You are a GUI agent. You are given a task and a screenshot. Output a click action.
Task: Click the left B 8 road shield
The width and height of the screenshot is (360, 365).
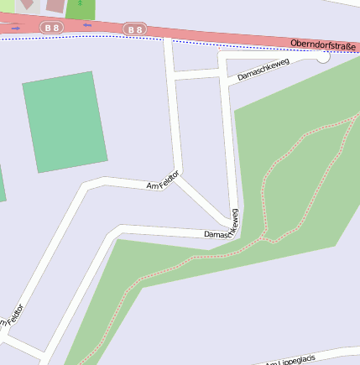[x=52, y=28]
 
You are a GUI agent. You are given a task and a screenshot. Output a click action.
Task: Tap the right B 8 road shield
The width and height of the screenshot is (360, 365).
[x=134, y=30]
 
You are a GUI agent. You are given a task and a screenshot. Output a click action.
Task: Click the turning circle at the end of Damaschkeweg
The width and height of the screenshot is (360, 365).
[x=322, y=57]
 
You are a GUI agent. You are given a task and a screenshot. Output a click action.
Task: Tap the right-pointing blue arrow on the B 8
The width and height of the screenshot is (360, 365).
[x=16, y=28]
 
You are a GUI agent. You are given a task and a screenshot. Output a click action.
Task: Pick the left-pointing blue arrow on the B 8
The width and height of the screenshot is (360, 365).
[x=86, y=25]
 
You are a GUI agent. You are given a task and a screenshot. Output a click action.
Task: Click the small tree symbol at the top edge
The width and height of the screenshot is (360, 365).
[x=80, y=3]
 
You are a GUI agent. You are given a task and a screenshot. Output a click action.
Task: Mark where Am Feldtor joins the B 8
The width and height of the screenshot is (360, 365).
[x=168, y=39]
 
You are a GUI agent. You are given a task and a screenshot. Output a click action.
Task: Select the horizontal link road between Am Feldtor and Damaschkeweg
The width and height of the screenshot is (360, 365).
[x=196, y=76]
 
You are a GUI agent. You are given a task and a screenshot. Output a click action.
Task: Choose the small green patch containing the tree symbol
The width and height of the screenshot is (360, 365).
[x=81, y=8]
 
